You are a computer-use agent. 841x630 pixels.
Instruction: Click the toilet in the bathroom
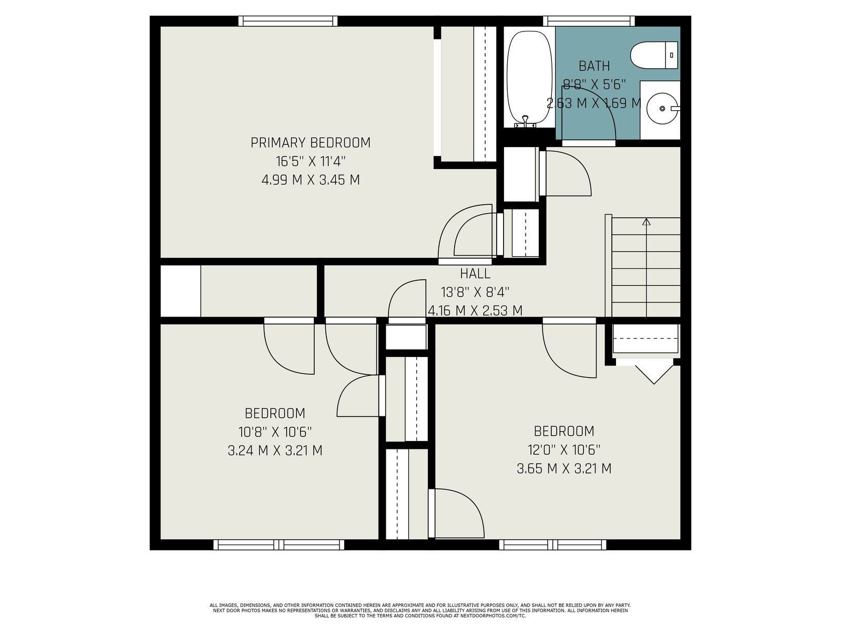654,55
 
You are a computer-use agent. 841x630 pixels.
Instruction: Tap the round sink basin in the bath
662,109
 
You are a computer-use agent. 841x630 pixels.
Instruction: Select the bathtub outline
529,78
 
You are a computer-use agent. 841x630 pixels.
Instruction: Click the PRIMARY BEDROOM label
310,143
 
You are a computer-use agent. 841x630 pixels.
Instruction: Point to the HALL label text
475,274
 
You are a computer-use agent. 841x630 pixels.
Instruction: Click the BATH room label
594,66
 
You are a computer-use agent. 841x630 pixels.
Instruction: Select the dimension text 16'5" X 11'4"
310,161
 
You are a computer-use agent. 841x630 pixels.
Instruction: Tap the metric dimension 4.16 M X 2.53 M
475,311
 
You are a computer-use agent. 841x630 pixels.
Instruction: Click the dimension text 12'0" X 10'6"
564,450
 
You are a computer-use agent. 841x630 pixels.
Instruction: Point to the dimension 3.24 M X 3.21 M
275,450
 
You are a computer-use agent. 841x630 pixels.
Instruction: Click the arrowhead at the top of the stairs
647,221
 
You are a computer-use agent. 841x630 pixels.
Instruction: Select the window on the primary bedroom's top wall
288,21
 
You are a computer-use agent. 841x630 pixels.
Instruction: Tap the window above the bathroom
589,21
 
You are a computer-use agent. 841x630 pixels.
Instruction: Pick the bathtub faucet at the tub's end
525,121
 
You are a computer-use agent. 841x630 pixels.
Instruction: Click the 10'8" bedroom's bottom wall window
279,545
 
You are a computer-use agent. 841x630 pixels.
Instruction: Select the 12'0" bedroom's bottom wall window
552,545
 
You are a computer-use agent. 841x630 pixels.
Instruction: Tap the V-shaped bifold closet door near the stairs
654,374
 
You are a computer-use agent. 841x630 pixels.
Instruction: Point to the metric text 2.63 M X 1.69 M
594,103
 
